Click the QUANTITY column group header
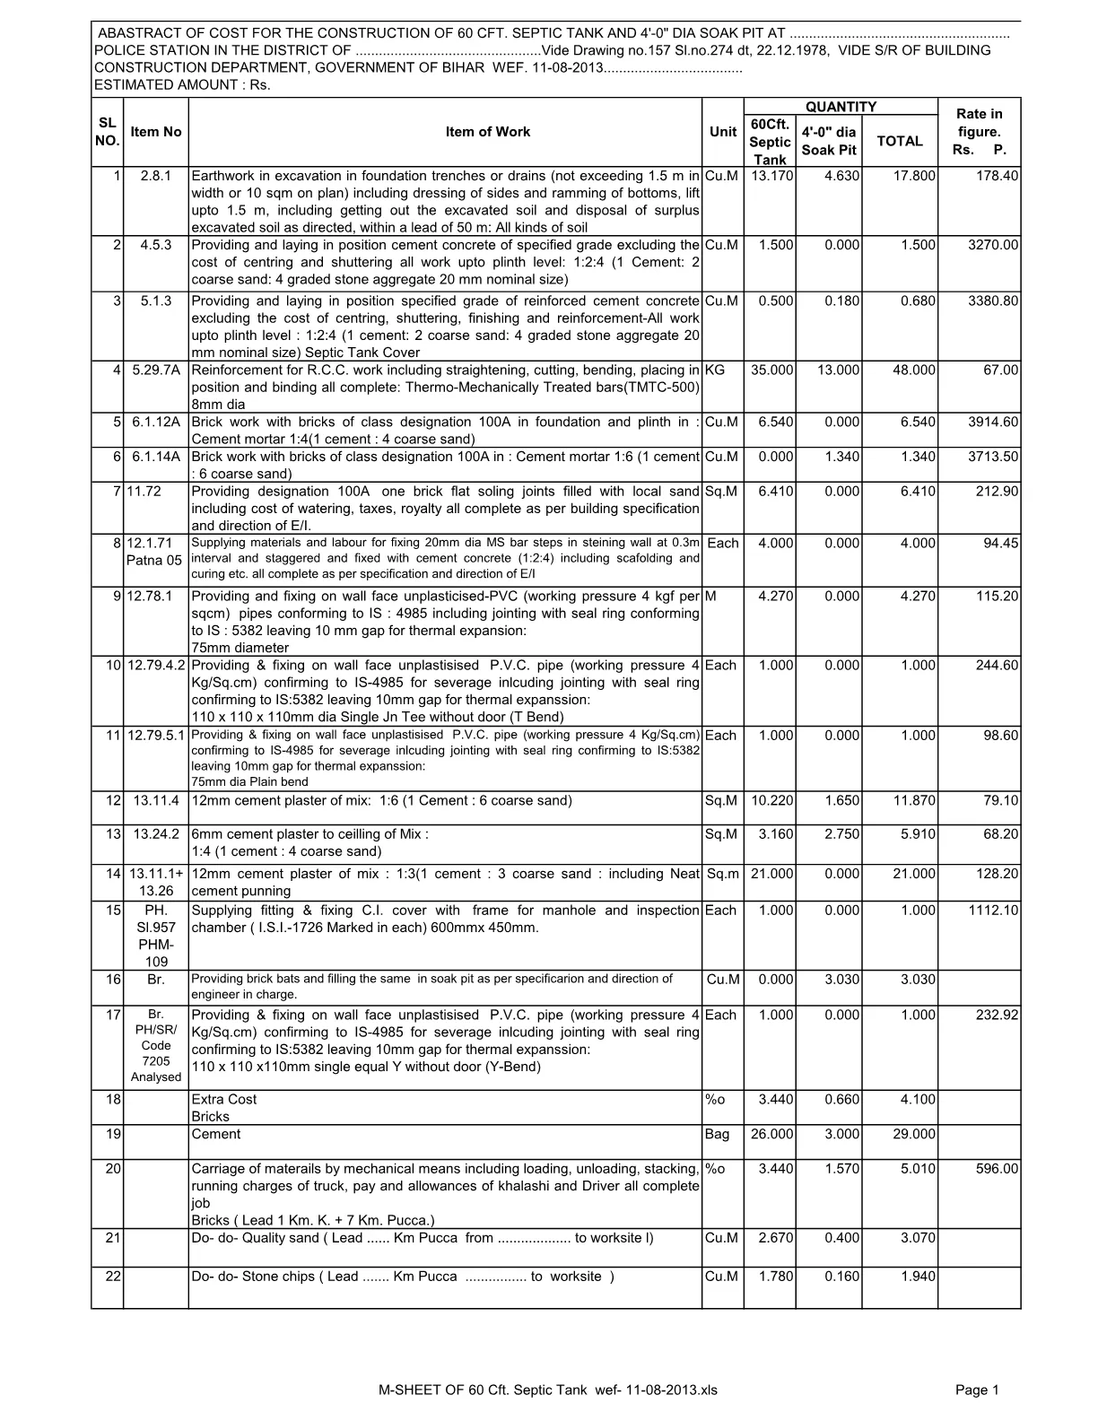(841, 107)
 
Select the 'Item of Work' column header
(487, 132)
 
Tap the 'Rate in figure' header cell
(979, 132)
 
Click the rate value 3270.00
(993, 245)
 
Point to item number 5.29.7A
(156, 371)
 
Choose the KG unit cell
(716, 371)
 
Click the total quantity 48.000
(914, 371)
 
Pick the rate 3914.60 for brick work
(993, 423)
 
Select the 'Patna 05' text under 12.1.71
(154, 561)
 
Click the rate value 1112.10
(993, 911)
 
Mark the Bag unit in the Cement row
(718, 1135)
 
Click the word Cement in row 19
(216, 1135)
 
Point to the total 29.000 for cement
(914, 1135)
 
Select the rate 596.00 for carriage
(997, 1169)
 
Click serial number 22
(113, 1277)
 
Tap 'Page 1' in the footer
(977, 1390)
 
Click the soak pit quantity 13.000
(838, 371)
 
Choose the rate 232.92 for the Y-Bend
(997, 1016)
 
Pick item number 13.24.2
(156, 834)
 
